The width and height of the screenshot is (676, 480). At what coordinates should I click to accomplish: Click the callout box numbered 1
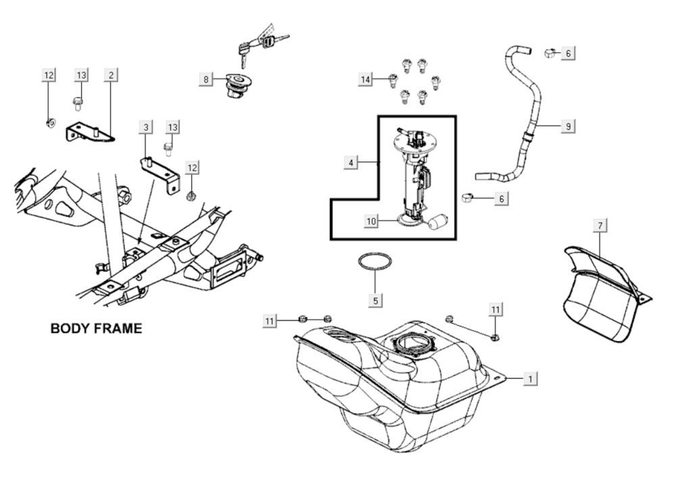click(x=530, y=379)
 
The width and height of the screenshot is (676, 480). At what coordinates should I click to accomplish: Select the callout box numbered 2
click(x=111, y=75)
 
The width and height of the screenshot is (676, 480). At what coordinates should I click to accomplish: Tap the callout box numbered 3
click(x=146, y=127)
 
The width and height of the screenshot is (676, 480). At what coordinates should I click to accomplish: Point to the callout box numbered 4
click(x=351, y=162)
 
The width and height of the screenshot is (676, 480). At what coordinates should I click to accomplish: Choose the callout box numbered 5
click(x=375, y=300)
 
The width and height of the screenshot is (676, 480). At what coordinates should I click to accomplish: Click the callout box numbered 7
click(x=600, y=225)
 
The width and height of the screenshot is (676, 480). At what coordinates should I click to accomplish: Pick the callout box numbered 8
click(x=206, y=79)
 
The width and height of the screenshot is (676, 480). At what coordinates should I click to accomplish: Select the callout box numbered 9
click(x=569, y=126)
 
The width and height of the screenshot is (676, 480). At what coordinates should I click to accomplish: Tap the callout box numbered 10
click(x=371, y=221)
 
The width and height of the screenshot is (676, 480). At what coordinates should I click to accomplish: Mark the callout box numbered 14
click(x=365, y=79)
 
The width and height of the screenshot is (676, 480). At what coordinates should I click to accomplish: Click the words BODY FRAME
click(x=96, y=329)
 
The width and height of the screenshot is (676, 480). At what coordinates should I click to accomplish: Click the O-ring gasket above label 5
click(x=375, y=262)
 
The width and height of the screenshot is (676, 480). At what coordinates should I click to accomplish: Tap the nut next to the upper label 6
click(x=550, y=53)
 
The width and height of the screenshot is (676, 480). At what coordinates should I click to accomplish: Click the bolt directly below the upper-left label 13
click(x=78, y=103)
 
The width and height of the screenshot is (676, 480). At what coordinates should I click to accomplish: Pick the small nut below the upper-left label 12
click(x=51, y=123)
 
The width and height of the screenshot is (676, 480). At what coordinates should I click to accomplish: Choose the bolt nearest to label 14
click(x=392, y=80)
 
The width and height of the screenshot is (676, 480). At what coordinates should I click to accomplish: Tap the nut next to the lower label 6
click(x=467, y=198)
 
